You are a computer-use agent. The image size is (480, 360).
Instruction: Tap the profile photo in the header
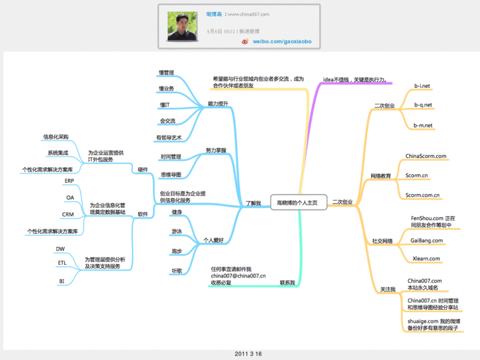click(182, 28)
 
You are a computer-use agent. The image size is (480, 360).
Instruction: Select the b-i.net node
click(422, 86)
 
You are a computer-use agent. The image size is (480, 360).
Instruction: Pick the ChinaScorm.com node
click(426, 157)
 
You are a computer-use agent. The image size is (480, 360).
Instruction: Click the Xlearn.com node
click(426, 258)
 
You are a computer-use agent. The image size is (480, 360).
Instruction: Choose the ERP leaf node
click(69, 180)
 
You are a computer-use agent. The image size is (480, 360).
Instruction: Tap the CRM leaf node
click(68, 215)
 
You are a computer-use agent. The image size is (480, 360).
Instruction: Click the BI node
click(61, 281)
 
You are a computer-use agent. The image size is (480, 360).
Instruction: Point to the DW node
click(60, 248)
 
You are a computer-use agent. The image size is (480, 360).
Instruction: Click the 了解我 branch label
click(254, 203)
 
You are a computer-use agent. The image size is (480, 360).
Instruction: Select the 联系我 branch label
click(287, 282)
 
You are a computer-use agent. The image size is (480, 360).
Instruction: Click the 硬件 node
click(143, 170)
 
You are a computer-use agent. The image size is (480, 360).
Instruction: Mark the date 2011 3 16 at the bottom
click(248, 354)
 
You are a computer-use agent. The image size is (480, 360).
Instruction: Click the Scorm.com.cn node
click(423, 195)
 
